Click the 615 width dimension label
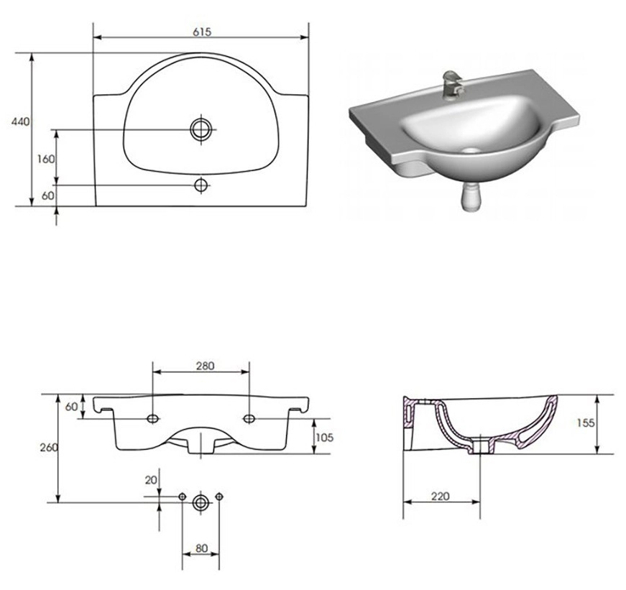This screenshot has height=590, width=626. [202, 32]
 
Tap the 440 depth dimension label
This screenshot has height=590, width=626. [20, 121]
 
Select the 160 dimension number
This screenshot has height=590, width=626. [45, 159]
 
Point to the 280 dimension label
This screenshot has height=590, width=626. [206, 366]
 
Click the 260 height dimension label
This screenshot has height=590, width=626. [49, 447]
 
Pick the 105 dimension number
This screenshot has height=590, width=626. [324, 438]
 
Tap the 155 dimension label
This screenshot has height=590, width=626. [586, 423]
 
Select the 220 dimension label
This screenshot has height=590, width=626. [440, 496]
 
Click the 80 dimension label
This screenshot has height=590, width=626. [202, 548]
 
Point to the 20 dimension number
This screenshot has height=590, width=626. [151, 480]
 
